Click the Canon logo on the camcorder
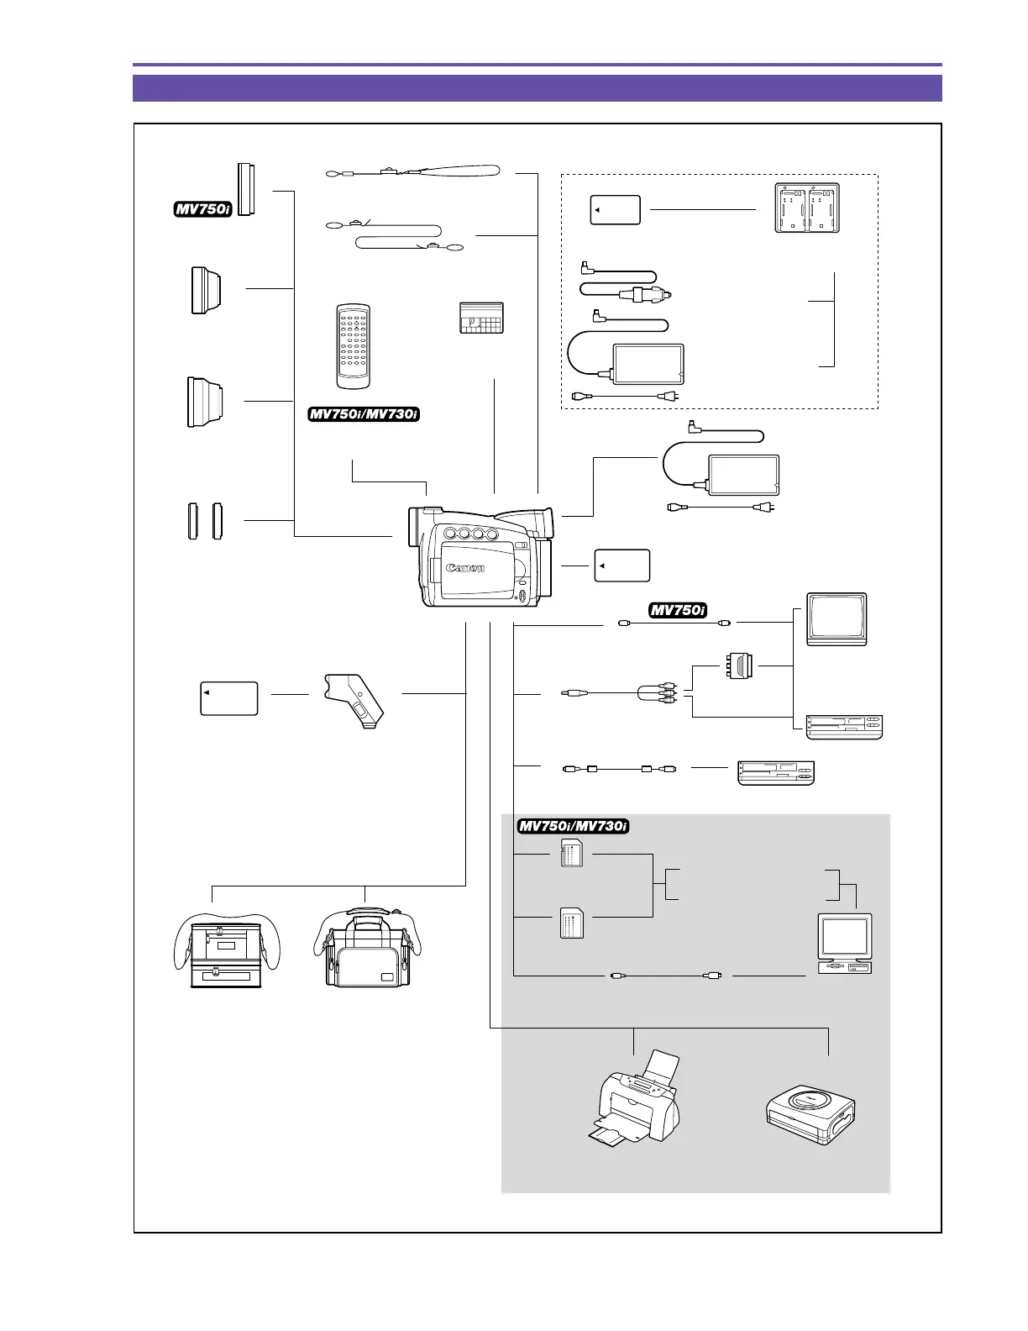pyautogui.click(x=465, y=568)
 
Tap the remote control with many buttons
pyautogui.click(x=354, y=346)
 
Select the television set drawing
pyautogui.click(x=837, y=619)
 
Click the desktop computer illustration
pyautogui.click(x=845, y=943)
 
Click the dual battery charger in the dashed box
pyautogui.click(x=806, y=208)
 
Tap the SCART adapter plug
pyautogui.click(x=737, y=666)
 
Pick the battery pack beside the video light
pyautogui.click(x=229, y=698)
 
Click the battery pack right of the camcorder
pyautogui.click(x=622, y=566)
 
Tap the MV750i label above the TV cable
pyautogui.click(x=678, y=610)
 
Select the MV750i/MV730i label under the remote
pyautogui.click(x=365, y=414)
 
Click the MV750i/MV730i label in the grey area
pyautogui.click(x=574, y=826)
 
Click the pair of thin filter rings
pyautogui.click(x=205, y=521)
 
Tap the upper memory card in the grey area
pyautogui.click(x=571, y=855)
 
